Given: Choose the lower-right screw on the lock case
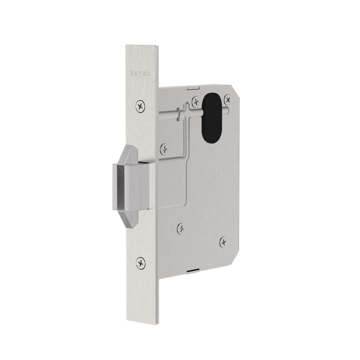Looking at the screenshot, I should [x=222, y=243].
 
